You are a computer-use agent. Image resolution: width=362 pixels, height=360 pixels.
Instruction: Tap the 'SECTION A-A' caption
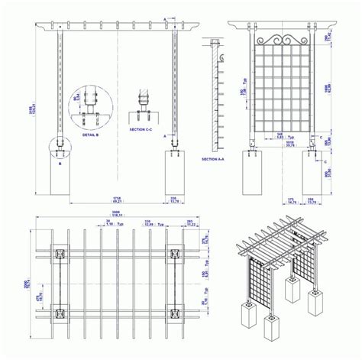click(x=215, y=159)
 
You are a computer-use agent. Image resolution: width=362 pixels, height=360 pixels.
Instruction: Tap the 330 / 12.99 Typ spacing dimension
click(x=148, y=223)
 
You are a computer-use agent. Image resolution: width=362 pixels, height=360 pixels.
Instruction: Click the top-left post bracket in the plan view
click(x=58, y=253)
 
